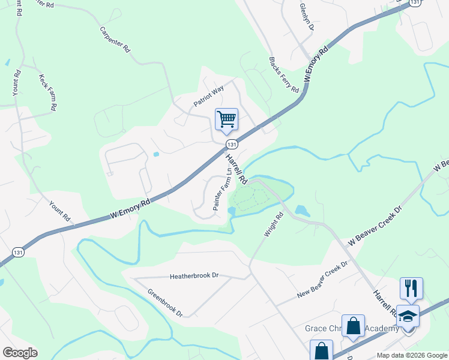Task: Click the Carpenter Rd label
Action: coord(115,41)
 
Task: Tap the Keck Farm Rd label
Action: coord(47,92)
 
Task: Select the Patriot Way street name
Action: coord(208,95)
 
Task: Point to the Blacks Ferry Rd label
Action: coord(283,75)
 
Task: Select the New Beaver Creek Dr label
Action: coord(323,280)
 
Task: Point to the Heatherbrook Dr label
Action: coord(194,276)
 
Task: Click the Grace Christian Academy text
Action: coord(352,329)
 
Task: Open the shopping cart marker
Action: coord(227,119)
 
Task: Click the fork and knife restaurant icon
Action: coord(411,288)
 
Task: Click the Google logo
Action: coord(20,352)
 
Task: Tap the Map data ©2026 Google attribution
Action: coord(411,355)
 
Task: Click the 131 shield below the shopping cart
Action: coord(232,145)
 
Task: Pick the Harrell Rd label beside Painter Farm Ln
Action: coord(237,169)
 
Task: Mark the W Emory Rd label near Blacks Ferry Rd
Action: coord(318,62)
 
